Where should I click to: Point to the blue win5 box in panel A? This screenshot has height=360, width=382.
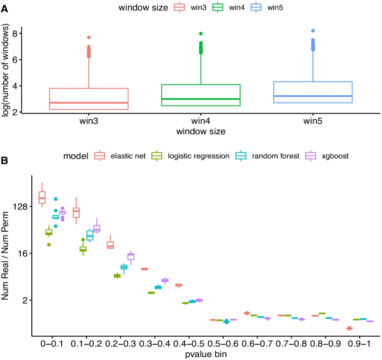coord(313,92)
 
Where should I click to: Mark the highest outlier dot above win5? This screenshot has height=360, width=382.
coord(313,31)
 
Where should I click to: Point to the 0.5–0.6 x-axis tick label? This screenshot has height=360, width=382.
coord(226,343)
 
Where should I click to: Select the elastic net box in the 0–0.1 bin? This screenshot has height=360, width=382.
coord(42,197)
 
